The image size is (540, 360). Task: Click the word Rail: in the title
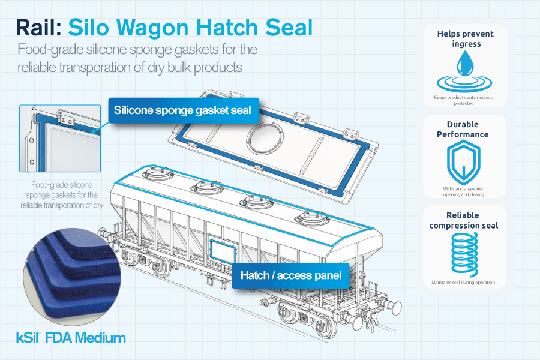click(39, 28)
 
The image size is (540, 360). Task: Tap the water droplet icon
click(465, 64)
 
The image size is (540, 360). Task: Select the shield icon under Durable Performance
click(464, 162)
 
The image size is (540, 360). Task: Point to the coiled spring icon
click(464, 254)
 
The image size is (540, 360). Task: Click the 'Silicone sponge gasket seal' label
click(183, 110)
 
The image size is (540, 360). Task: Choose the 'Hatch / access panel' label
click(290, 275)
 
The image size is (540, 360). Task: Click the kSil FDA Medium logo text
click(71, 338)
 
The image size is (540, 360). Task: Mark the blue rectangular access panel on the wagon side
click(223, 250)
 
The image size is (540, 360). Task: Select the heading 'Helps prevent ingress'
click(466, 38)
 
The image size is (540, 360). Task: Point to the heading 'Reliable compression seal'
click(464, 220)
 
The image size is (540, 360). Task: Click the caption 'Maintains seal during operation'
click(463, 282)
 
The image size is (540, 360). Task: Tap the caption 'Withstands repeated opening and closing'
click(464, 191)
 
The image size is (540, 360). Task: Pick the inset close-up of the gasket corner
click(60, 139)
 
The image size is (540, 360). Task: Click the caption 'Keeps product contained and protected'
click(464, 100)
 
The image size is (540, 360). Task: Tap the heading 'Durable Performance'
click(463, 129)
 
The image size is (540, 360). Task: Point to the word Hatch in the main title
click(227, 28)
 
